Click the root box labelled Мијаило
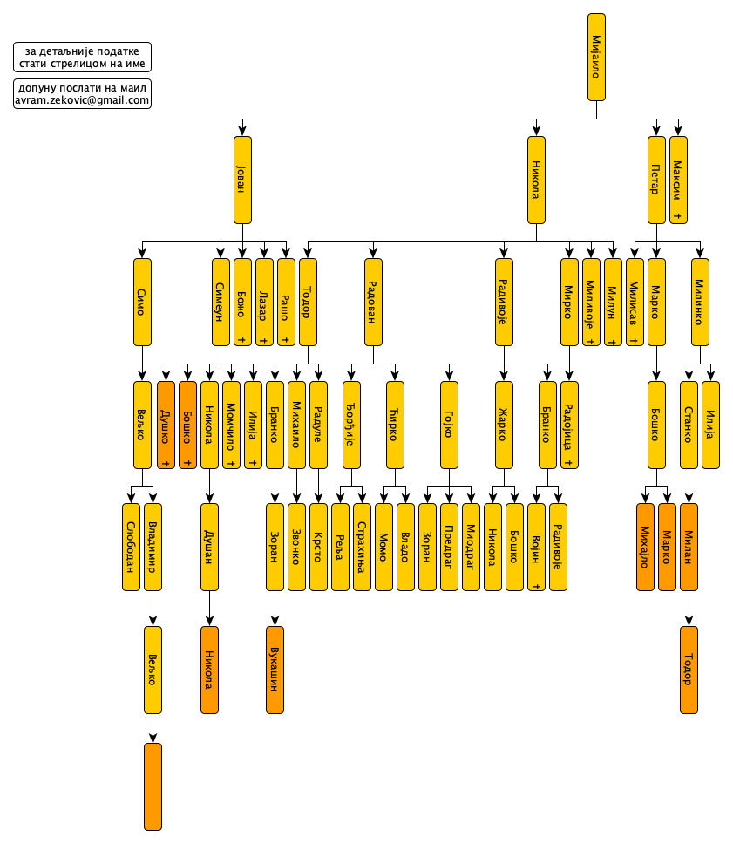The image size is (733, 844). coord(597,57)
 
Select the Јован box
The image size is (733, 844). coord(243,180)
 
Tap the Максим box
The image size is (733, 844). coord(679,180)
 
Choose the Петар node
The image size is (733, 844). coord(657,180)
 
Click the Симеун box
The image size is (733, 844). coord(221,302)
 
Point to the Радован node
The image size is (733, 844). coord(373,302)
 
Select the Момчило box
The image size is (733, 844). coord(231,425)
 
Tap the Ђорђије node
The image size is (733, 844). coord(351,425)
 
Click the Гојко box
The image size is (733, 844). coord(449,425)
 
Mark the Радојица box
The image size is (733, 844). coord(569,425)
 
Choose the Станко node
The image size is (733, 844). coord(689,425)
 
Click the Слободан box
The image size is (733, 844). coord(131,547)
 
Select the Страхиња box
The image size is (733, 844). coord(362,547)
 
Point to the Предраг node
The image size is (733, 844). coord(449,547)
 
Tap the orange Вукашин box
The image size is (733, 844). coord(275,670)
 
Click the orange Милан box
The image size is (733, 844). coord(689,547)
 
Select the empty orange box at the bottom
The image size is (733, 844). coord(153,786)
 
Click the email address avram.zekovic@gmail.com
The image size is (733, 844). coord(82,100)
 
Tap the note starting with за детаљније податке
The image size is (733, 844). coord(82,58)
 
